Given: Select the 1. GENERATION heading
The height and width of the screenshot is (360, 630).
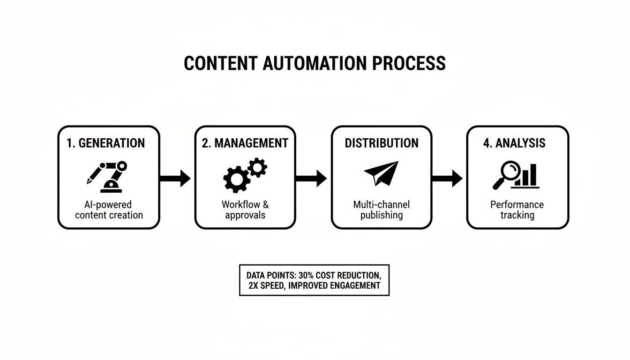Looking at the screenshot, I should [x=105, y=143].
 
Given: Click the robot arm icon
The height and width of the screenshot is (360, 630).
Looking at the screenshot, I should [x=108, y=176].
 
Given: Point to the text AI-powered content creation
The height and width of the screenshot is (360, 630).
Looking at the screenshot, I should [x=109, y=210].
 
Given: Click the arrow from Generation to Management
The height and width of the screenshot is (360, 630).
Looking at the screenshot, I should [x=175, y=178].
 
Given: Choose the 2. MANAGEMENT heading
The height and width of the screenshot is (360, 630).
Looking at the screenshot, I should [x=245, y=143].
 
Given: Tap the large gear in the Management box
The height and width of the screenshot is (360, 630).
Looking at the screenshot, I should [x=236, y=179].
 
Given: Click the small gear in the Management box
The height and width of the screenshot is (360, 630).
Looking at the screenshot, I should [x=257, y=167].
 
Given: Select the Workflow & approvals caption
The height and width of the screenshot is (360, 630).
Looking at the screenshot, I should [x=245, y=210].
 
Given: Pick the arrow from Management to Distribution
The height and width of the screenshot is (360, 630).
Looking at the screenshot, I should [x=311, y=178].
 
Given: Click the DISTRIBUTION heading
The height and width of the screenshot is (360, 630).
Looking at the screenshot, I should [x=382, y=143].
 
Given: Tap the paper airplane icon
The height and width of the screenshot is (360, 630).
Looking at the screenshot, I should [x=381, y=173].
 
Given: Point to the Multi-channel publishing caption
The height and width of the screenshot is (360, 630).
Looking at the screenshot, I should [x=381, y=210].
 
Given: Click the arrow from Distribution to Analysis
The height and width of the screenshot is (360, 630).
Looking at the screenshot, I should [x=447, y=178].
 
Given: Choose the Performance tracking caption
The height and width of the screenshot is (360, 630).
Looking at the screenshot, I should [x=517, y=210].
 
